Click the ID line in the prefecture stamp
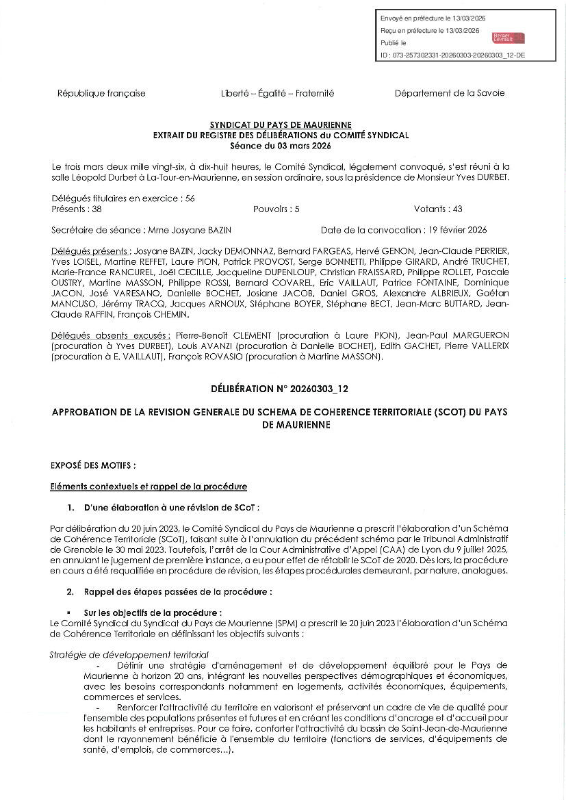452,55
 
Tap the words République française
101,93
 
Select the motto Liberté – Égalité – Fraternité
277,93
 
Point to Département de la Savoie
449,93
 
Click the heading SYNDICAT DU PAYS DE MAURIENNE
281,125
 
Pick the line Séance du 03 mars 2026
281,146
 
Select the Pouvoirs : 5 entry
276,209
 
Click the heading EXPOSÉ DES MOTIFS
93,465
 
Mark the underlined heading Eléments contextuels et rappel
149,487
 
